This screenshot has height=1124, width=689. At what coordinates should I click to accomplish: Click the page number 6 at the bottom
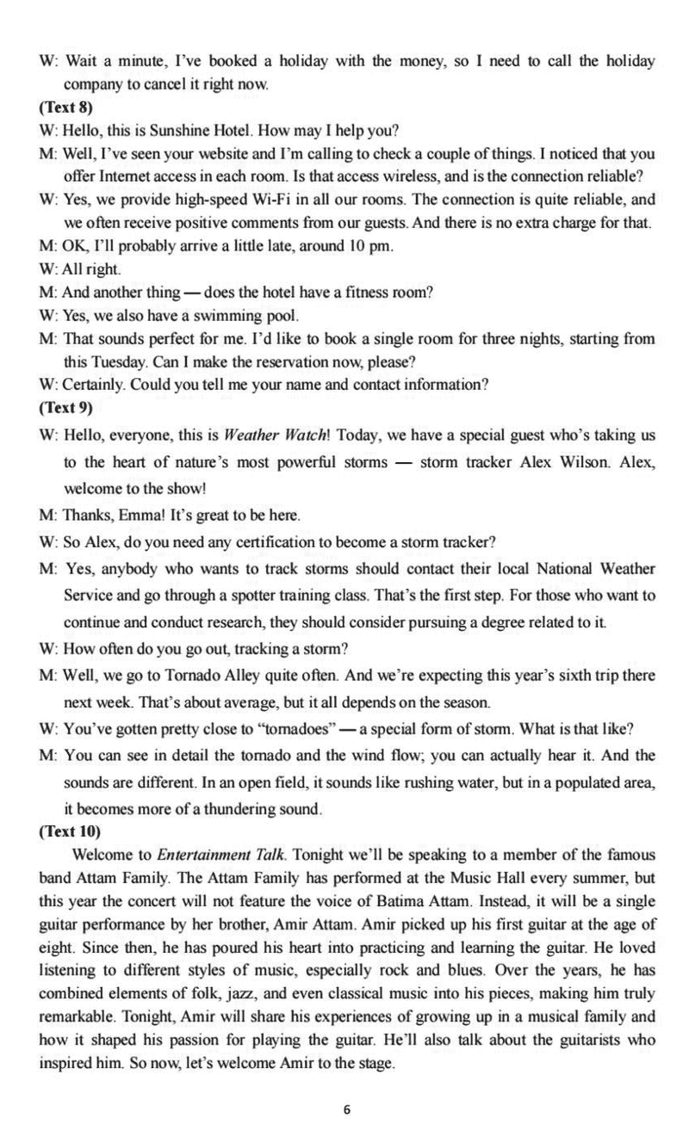click(x=346, y=1085)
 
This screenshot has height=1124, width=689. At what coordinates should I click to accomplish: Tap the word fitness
click(x=363, y=292)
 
